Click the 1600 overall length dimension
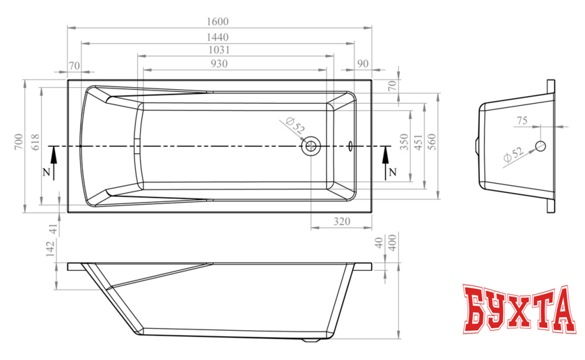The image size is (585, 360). pyautogui.click(x=217, y=22)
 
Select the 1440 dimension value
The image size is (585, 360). pyautogui.click(x=217, y=38)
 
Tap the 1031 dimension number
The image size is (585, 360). pyautogui.click(x=219, y=50)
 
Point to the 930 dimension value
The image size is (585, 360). pyautogui.click(x=219, y=64)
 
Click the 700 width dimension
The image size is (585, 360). pyautogui.click(x=19, y=142)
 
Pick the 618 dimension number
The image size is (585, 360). pyautogui.click(x=35, y=142)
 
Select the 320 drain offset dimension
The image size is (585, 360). pyautogui.click(x=342, y=221)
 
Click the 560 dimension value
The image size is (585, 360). pyautogui.click(x=431, y=142)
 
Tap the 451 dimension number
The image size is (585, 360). pyautogui.click(x=419, y=142)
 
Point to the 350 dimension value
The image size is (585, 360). pyautogui.click(x=405, y=142)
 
